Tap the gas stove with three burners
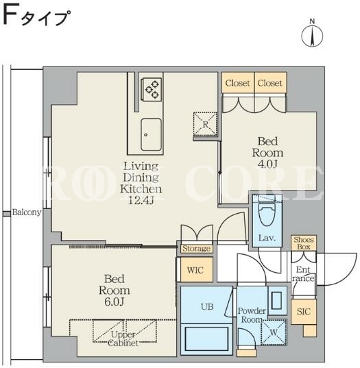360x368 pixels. [x=152, y=89]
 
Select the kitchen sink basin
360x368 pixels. [x=151, y=135]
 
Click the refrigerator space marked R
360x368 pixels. [x=205, y=124]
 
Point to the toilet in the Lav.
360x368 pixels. [x=267, y=212]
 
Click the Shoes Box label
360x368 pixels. [x=304, y=243]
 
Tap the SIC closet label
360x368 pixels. [x=303, y=311]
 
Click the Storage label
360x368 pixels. [x=197, y=249]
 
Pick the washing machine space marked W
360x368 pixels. [x=274, y=332]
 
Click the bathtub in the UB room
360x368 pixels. [x=206, y=339]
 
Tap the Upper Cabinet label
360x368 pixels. [x=123, y=339]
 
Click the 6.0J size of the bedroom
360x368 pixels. [x=114, y=302]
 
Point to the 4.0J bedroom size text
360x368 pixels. [x=267, y=164]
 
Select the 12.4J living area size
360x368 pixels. [x=141, y=200]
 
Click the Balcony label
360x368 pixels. [x=27, y=212]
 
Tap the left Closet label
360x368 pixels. [x=238, y=83]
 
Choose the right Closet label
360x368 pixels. [x=269, y=83]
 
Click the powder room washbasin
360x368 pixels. [x=276, y=300]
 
